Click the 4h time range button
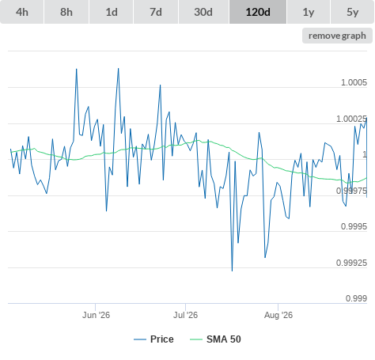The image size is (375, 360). coord(22,12)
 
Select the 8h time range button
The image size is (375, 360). coord(66,12)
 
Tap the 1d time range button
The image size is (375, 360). coord(112,12)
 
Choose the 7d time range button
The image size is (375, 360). coord(156,12)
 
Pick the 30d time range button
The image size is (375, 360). coord(203,12)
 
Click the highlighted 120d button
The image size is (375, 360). coord(258,12)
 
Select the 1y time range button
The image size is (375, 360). coord(309,12)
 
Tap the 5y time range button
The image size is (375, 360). coord(353,12)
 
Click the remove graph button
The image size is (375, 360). coord(337,36)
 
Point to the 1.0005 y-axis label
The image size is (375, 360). coord(354,82)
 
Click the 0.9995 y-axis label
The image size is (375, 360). coord(354,226)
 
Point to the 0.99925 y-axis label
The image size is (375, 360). coord(351,263)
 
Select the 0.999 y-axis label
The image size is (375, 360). coord(356,298)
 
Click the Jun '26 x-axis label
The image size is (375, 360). coord(96,315)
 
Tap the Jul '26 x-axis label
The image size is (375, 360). coord(185,315)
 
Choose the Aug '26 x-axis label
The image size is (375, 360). coord(278,315)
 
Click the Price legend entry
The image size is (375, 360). coord(153,339)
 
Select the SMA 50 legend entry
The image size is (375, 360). coord(215,339)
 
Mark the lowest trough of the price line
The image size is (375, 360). coord(232,271)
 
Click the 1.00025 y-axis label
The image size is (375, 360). coord(351,119)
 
